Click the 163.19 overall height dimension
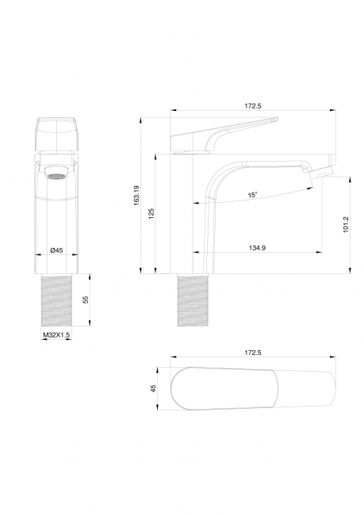(x=136, y=196)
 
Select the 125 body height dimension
(x=151, y=213)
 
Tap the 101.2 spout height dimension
(x=346, y=225)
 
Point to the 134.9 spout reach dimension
(x=257, y=248)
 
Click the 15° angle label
(x=252, y=195)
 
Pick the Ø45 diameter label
(x=56, y=250)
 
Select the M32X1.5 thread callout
(x=56, y=335)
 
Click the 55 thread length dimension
(x=86, y=299)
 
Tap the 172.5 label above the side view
(x=252, y=105)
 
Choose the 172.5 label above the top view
(x=252, y=353)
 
